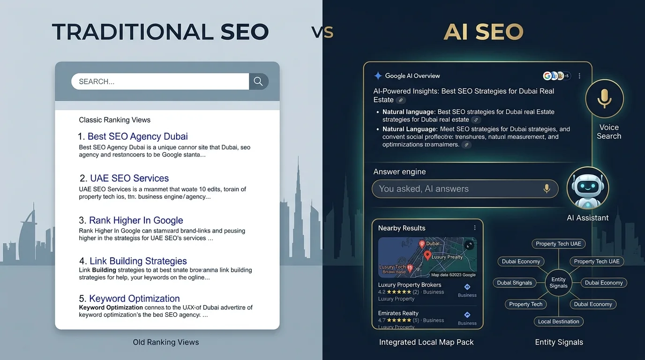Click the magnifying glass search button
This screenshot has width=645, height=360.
[x=258, y=81]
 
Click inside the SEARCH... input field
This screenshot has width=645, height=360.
[x=159, y=82]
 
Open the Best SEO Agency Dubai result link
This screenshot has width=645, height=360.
[x=137, y=136]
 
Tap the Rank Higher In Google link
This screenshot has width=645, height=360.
[x=136, y=220]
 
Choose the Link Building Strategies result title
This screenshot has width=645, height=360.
[x=138, y=261]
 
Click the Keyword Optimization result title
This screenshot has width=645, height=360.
[x=135, y=299]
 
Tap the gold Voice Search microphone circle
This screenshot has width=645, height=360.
[x=604, y=98]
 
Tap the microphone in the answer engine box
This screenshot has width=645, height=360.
[x=546, y=188]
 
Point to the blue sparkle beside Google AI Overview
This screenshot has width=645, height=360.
[x=378, y=76]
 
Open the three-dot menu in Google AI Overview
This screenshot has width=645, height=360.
[x=580, y=76]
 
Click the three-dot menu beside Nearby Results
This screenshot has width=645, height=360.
[x=475, y=228]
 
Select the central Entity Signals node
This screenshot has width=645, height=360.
[x=558, y=283]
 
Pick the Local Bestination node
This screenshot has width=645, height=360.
[x=558, y=322]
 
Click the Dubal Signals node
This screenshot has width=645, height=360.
[x=514, y=283]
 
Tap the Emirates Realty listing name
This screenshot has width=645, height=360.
[x=398, y=313]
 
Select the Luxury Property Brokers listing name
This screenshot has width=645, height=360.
[x=409, y=285]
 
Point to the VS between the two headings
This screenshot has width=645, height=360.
[x=322, y=32]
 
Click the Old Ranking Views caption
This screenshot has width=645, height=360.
[x=166, y=342]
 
